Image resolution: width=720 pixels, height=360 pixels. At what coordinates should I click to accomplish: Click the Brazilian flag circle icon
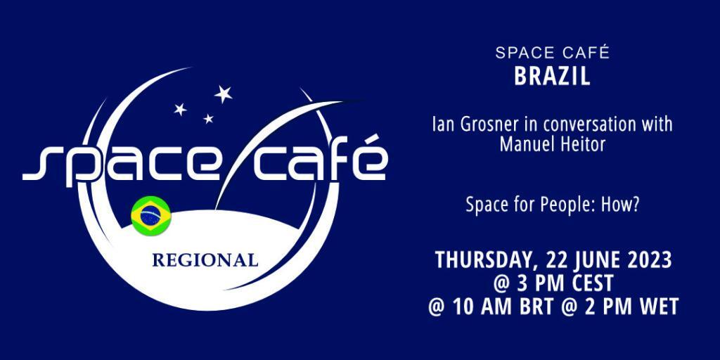151,216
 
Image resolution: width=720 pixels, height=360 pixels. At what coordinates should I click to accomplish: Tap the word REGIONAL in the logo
205,260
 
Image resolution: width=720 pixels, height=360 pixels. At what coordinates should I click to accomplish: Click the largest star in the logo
223,94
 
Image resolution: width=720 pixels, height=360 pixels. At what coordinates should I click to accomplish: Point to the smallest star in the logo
208,118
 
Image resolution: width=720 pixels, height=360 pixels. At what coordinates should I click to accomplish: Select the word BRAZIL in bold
552,77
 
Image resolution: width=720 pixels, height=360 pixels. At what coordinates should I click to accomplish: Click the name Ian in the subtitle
442,124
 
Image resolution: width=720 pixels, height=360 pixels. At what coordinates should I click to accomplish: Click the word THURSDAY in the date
487,261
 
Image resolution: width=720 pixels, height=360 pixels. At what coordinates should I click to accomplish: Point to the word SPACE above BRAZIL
523,53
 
